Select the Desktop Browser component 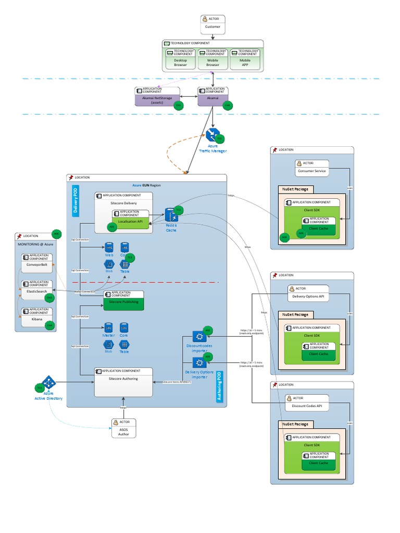tap(180, 59)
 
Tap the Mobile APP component tap(245, 59)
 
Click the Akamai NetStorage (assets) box tap(157, 97)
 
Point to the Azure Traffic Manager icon tap(212, 135)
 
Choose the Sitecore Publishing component tap(123, 300)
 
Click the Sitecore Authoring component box tap(124, 382)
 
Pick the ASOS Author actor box tap(124, 428)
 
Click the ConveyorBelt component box tap(37, 263)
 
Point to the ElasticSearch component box tap(37, 289)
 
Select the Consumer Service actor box tap(312, 168)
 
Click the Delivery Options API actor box tap(308, 294)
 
